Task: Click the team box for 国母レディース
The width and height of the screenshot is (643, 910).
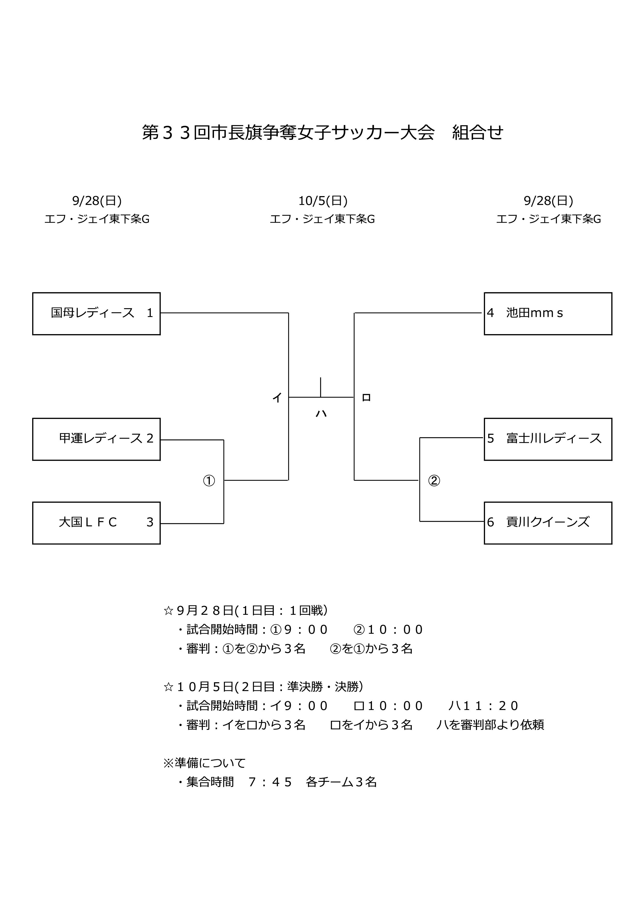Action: [96, 314]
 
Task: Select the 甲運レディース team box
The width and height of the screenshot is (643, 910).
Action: [96, 439]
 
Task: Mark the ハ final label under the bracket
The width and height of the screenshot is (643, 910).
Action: [321, 414]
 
